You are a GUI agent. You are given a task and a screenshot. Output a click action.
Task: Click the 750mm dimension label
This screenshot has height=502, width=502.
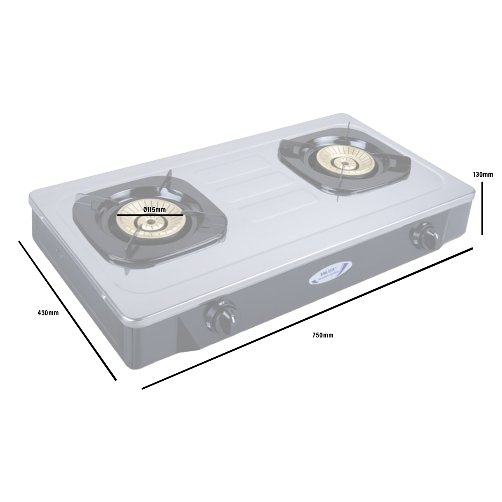[x=322, y=335]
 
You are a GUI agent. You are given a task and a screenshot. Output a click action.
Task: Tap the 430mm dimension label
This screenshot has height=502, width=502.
[x=48, y=313]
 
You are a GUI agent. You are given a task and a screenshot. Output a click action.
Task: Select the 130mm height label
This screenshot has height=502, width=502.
[x=483, y=175]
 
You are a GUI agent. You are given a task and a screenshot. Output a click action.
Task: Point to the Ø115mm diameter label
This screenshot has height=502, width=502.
[x=154, y=210]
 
